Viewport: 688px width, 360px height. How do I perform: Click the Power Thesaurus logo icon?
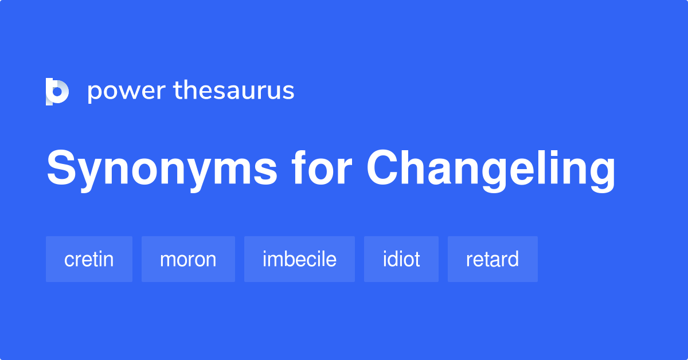point(57,92)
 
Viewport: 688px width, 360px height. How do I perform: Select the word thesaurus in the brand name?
point(234,90)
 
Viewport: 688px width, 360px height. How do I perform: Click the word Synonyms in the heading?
point(162,170)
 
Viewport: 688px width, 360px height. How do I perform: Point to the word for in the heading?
point(322,168)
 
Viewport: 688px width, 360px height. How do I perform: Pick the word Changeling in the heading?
point(491,170)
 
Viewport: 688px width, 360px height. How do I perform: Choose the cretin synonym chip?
point(89,259)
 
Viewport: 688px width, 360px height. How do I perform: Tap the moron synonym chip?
point(188,259)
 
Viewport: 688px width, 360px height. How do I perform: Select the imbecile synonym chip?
point(299,259)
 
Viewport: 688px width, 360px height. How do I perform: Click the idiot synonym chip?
point(401,259)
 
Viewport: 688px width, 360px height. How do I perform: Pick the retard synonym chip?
point(492,259)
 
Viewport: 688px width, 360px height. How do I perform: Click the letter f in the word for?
point(299,168)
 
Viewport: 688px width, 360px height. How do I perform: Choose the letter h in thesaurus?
point(192,89)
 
